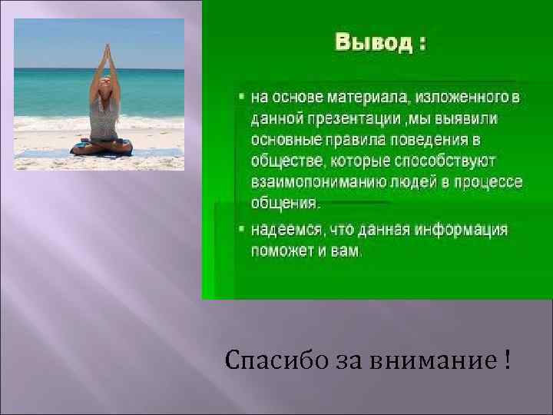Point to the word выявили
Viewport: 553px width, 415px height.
coord(471,120)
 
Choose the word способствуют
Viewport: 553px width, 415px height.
coord(450,161)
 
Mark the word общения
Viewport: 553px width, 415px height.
coord(283,204)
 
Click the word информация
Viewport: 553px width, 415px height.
coord(461,230)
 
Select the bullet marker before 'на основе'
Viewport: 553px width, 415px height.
coord(240,98)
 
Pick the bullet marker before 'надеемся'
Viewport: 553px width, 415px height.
coord(240,229)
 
